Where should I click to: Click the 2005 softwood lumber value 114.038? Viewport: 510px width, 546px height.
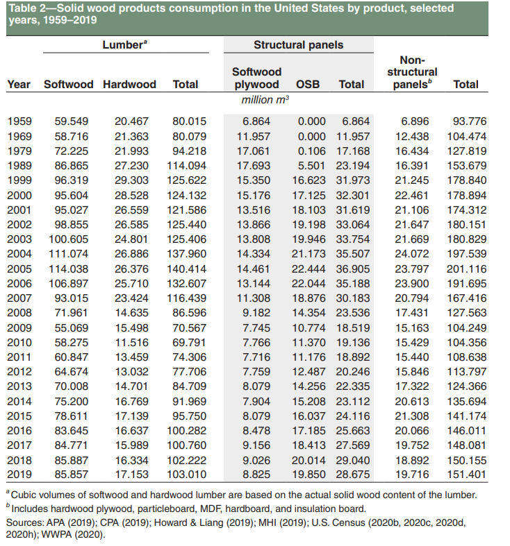[72, 268]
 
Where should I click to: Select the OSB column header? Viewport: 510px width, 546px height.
[307, 84]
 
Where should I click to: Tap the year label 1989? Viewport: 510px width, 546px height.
[19, 166]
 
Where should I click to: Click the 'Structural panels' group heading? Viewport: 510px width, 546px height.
[298, 45]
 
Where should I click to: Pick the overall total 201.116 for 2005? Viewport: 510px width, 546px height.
[466, 268]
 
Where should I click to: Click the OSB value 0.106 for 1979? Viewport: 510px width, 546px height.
[311, 151]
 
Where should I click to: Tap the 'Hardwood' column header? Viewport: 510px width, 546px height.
[129, 84]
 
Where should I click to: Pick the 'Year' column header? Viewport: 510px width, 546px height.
[19, 84]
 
